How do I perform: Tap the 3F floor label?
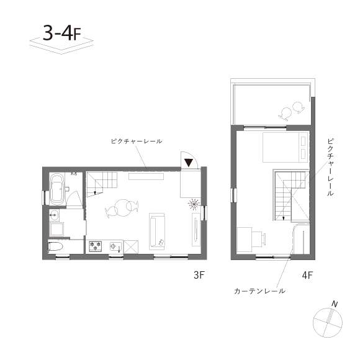pos(198,272)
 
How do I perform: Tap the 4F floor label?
pos(307,274)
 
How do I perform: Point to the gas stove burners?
pos(96,246)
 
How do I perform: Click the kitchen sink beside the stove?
pos(114,246)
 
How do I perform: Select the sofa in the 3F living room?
pos(156,231)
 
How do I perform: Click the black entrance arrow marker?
pos(189,162)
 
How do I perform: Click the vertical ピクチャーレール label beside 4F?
pos(330,167)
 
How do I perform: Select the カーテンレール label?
pos(259,290)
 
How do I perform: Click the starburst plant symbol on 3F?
pos(194,203)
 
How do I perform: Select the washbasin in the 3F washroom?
pos(54,216)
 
